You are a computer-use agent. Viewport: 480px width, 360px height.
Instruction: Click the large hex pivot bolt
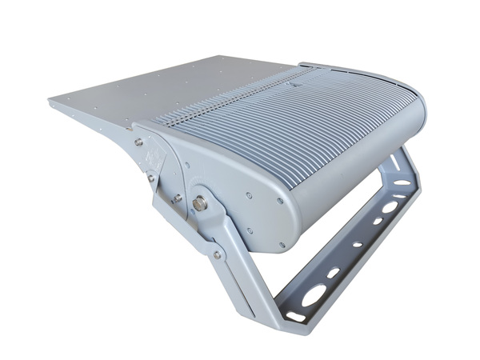tap(200, 202)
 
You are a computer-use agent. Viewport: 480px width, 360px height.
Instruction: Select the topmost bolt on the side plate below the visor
tap(138, 142)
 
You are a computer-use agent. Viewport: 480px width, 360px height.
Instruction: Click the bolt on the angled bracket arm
tap(216, 255)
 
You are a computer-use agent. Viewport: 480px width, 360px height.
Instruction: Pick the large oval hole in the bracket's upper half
tap(390, 207)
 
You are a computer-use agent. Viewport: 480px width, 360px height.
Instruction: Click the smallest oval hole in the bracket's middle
tap(357, 243)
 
